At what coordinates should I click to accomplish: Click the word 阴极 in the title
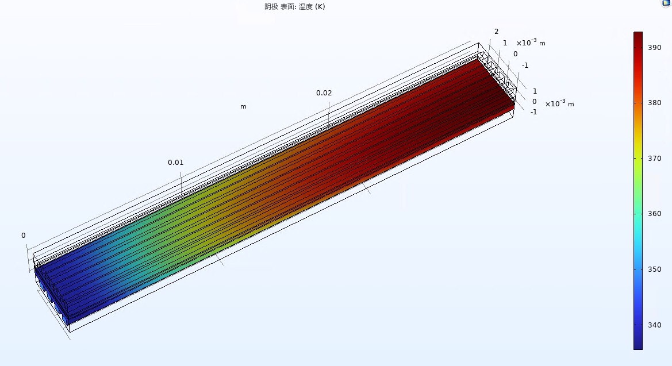coord(271,7)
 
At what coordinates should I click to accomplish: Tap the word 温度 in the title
coord(306,7)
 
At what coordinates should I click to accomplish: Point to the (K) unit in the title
coord(320,7)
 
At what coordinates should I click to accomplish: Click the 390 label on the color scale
coord(654,48)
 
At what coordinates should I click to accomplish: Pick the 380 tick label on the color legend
coord(654,103)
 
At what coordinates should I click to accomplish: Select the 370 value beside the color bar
coord(654,159)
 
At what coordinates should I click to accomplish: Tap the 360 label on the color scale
coord(654,214)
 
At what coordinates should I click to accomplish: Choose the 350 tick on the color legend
coord(654,269)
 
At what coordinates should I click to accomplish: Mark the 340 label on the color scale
coord(654,325)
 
